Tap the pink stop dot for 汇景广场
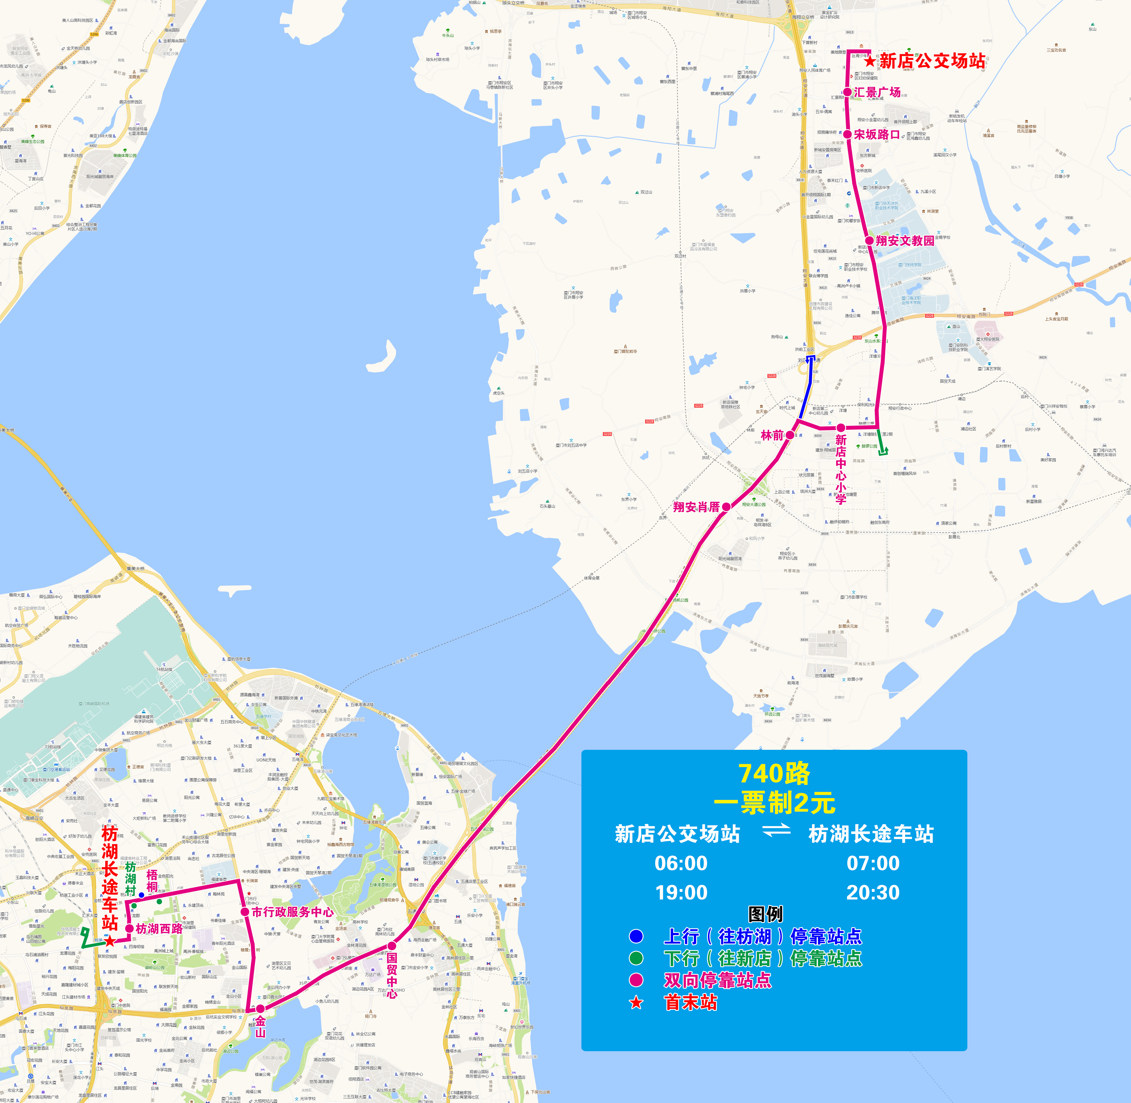point(847,92)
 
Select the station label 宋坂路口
point(877,134)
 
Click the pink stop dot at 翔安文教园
point(869,240)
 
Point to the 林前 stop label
point(772,435)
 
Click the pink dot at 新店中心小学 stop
point(840,428)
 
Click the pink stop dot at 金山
point(260,1009)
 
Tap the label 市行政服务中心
point(292,912)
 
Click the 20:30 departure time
point(873,892)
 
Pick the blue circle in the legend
point(636,936)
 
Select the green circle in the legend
point(636,958)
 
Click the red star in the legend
point(636,1003)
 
